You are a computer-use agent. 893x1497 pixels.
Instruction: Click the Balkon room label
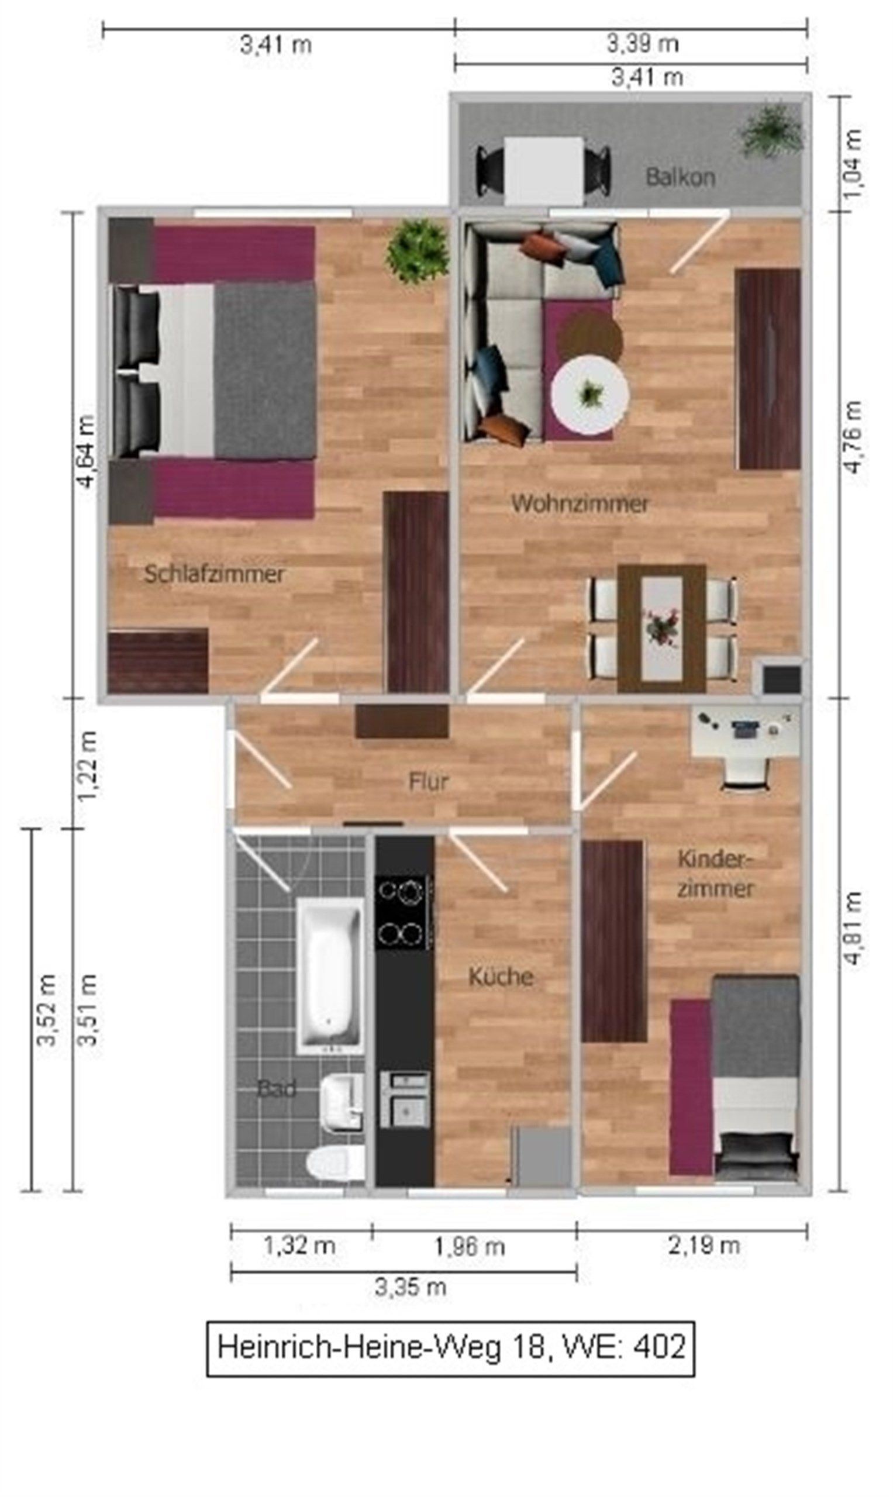pyautogui.click(x=680, y=177)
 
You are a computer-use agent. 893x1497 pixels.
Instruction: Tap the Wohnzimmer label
pyautogui.click(x=580, y=503)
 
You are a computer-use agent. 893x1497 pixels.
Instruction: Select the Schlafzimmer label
pyautogui.click(x=214, y=574)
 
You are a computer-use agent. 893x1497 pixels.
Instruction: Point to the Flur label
pyautogui.click(x=429, y=782)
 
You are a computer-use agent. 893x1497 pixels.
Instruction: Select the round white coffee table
pyautogui.click(x=589, y=395)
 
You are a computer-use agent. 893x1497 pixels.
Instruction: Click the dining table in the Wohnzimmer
pyautogui.click(x=662, y=628)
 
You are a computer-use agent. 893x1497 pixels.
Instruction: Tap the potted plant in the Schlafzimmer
pyautogui.click(x=418, y=250)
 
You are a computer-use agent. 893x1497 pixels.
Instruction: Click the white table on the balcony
pyautogui.click(x=544, y=171)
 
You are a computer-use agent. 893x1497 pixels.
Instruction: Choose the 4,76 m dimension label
pyautogui.click(x=853, y=437)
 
